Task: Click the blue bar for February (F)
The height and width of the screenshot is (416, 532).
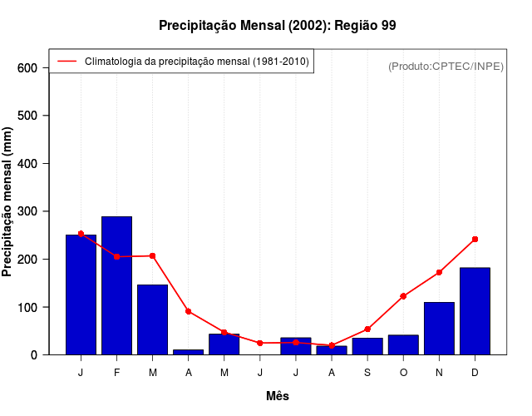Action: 116,285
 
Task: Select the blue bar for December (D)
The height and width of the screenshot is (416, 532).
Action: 475,311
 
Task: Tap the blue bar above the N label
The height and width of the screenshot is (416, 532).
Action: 439,329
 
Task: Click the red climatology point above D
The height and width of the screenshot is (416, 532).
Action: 475,239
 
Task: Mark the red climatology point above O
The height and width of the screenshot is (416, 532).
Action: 403,296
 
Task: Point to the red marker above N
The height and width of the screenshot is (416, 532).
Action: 439,272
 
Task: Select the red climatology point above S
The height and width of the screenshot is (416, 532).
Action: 367,329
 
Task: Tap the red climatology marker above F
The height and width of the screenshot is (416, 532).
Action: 116,256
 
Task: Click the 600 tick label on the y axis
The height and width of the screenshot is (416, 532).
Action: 28,67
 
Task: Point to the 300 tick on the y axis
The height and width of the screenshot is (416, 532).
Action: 28,211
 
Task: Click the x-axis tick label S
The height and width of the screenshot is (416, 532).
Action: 367,373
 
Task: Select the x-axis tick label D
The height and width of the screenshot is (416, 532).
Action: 475,373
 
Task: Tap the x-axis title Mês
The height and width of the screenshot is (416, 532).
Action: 278,396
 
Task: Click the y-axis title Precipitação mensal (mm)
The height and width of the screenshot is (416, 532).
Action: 8,201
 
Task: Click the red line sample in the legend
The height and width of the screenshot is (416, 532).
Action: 66,61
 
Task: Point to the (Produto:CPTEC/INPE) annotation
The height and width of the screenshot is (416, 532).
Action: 446,66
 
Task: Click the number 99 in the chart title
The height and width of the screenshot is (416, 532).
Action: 388,25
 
